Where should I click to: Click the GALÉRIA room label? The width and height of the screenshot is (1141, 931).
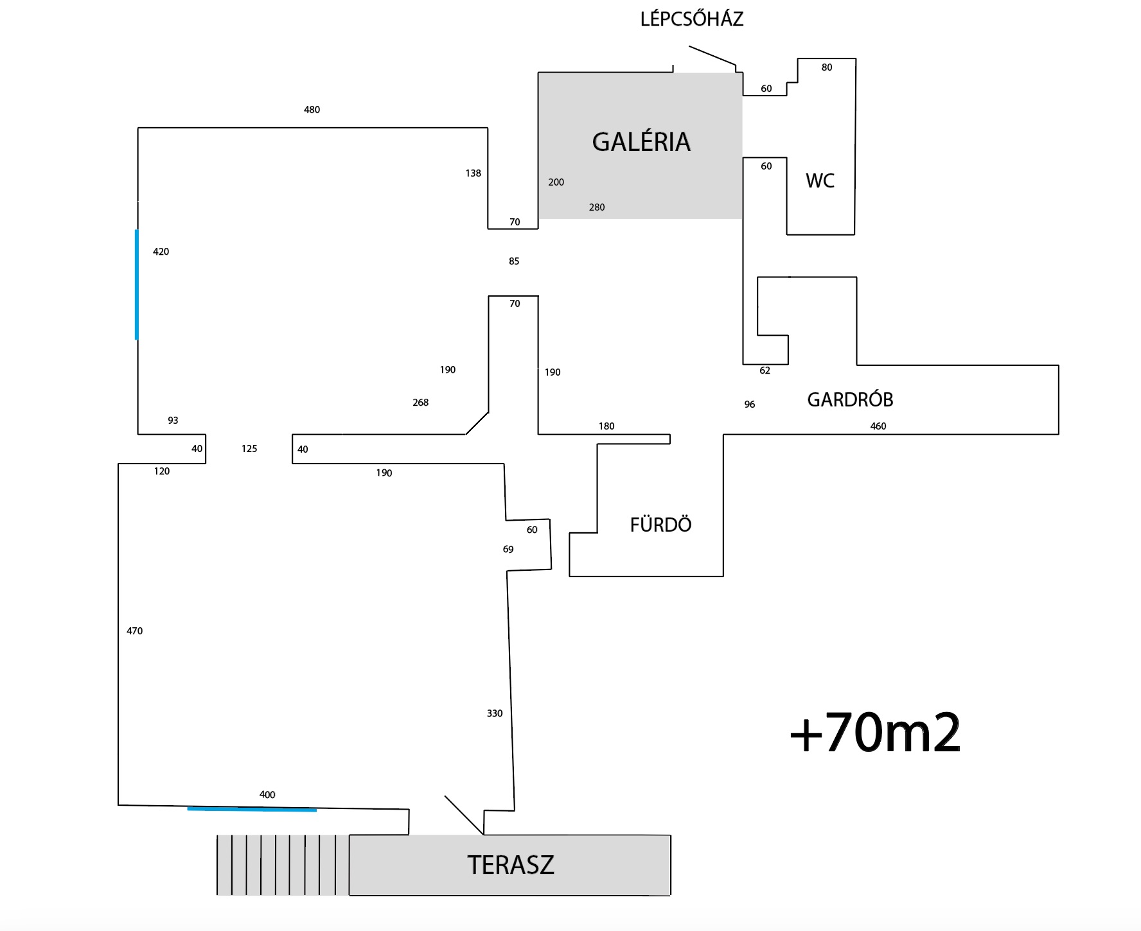(641, 142)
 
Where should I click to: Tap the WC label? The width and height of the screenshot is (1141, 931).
(820, 180)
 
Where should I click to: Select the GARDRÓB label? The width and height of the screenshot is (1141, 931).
(850, 399)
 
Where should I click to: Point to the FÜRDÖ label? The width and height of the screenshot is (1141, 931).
(660, 525)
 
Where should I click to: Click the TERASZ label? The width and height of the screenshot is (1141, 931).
(510, 865)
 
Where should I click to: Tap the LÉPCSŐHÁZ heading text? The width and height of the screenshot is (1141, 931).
(692, 19)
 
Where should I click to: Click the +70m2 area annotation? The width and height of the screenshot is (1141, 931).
(875, 733)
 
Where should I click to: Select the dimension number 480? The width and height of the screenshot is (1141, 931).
(312, 110)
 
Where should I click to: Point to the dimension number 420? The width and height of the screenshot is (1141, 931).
(161, 252)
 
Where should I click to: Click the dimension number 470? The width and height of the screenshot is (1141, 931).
(134, 631)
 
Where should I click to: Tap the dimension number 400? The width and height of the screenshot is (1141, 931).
(267, 795)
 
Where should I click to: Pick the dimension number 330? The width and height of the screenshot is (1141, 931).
(494, 713)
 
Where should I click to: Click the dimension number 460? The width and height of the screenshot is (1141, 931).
(878, 426)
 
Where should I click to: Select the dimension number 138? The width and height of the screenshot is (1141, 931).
(473, 173)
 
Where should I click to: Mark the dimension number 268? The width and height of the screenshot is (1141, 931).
(420, 403)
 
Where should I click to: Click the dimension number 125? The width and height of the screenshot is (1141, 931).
(249, 449)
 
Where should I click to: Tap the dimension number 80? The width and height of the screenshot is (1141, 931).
(826, 67)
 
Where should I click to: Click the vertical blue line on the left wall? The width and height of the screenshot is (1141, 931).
(136, 284)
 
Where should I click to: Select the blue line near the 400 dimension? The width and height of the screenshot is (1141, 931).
(252, 809)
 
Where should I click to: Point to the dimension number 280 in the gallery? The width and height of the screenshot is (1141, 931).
(597, 207)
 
